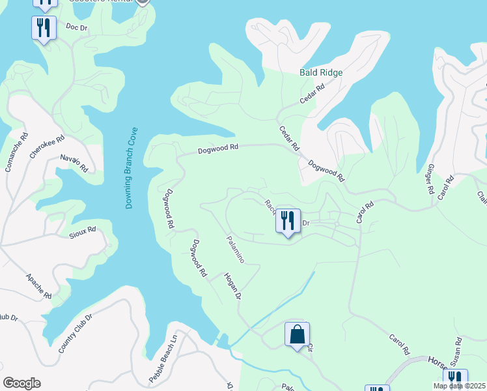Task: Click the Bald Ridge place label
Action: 320,72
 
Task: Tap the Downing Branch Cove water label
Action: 128,167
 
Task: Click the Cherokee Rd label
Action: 48,147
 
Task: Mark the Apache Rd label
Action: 38,285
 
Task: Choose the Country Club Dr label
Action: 76,333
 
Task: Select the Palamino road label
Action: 235,249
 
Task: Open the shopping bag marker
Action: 297,334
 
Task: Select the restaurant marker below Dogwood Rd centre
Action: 287,220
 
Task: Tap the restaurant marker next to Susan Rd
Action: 455,380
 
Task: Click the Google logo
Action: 21,383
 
